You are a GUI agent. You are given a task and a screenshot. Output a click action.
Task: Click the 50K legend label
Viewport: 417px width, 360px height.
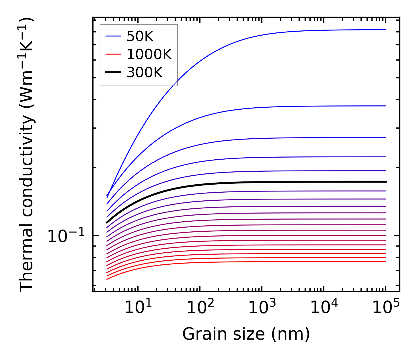tap(140, 36)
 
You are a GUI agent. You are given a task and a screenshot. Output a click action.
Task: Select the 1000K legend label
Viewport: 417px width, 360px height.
tap(149, 54)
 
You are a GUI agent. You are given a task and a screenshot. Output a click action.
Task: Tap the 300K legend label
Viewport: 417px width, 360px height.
tap(145, 73)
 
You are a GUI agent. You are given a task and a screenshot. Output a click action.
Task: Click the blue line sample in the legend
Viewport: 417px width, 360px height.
tap(113, 36)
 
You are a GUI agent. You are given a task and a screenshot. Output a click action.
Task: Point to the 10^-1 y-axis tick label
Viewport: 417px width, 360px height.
tap(66, 237)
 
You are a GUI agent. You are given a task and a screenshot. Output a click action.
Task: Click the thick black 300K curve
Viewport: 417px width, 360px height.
tap(258, 182)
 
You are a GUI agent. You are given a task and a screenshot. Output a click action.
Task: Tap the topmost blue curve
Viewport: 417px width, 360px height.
tap(258, 36)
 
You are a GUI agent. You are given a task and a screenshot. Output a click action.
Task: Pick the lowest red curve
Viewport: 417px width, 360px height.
tap(258, 262)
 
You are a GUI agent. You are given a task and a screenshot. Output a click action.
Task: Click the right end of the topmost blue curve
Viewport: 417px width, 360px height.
tap(386, 30)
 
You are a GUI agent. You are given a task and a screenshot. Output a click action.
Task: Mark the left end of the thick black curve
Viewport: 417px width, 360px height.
tap(107, 222)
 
